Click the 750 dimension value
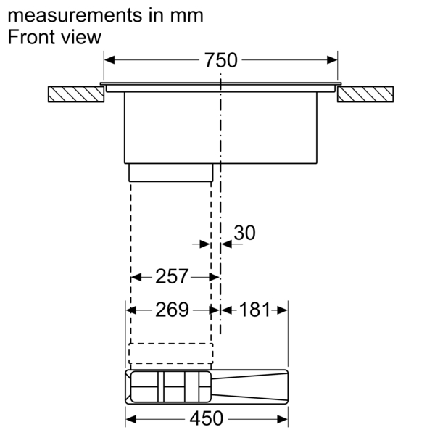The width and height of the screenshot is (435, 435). (221, 61)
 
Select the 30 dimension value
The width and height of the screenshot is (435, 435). (245, 233)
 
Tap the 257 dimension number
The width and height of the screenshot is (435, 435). (172, 276)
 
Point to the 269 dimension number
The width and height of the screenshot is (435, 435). (172, 310)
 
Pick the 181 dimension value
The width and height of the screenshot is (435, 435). (254, 310)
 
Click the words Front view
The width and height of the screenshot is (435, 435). (54, 38)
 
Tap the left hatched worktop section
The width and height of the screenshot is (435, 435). (75, 94)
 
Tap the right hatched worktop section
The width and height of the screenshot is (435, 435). (365, 94)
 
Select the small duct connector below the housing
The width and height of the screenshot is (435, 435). (171, 172)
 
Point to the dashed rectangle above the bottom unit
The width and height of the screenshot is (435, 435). (171, 352)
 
